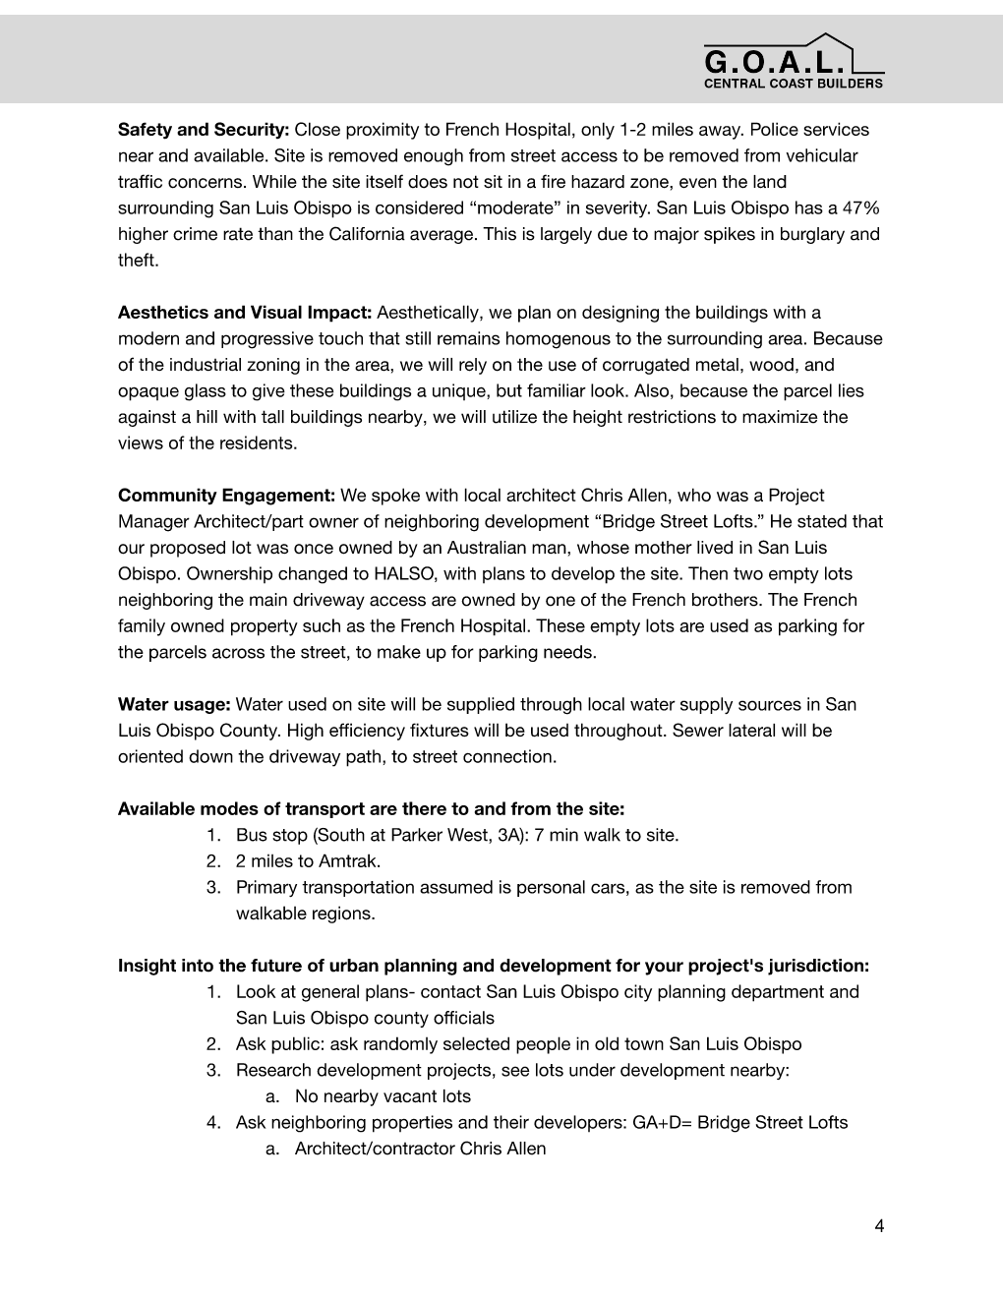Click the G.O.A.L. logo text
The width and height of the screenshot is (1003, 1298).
point(774,62)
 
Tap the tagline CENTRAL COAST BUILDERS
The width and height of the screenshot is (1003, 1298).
point(793,84)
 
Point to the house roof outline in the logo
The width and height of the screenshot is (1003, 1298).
point(822,42)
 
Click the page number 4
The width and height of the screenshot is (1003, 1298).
point(879,1225)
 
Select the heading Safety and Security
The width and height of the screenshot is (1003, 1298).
point(204,130)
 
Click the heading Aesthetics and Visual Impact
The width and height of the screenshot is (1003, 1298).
point(245,313)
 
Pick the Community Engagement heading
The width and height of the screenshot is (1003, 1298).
point(227,496)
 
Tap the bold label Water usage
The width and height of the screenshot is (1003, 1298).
point(174,704)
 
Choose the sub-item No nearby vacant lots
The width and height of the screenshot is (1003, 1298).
point(383,1096)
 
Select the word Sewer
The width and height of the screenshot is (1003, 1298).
point(697,731)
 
